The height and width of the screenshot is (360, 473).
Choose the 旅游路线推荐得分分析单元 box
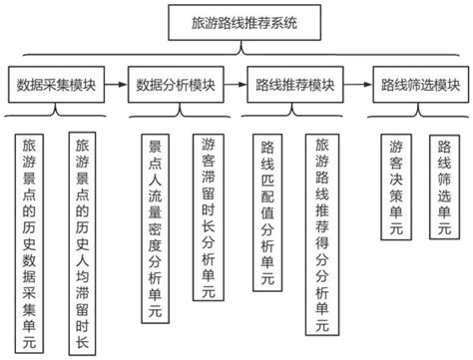point(320,235)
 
